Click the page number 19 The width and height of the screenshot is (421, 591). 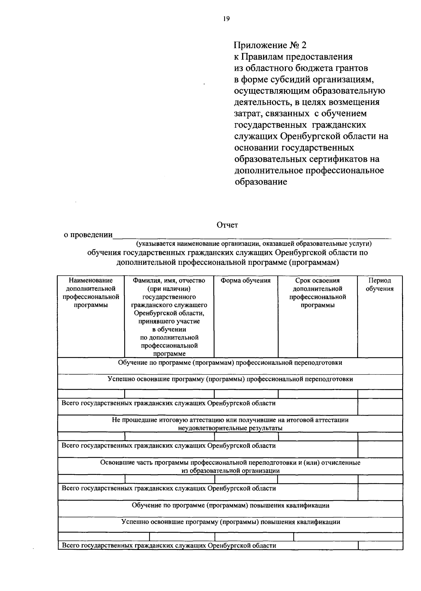pos(226,19)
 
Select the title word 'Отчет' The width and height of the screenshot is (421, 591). pos(227,225)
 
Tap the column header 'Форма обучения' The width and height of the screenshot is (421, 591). pos(246,281)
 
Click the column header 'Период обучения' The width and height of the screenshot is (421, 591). pos(380,284)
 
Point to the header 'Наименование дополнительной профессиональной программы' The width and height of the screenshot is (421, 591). pos(91,293)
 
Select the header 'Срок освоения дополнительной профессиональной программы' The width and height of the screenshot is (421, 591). pos(318,293)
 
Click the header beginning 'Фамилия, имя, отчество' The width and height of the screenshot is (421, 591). pos(169,281)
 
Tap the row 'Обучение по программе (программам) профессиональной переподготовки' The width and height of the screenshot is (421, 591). pos(230,363)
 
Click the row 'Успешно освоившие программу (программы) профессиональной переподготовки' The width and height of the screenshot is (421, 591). pos(230,379)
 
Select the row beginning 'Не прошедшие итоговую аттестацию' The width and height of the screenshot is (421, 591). pos(230,424)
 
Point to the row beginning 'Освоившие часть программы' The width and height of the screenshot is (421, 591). pos(230,466)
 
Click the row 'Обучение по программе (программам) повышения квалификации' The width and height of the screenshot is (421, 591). pos(230,505)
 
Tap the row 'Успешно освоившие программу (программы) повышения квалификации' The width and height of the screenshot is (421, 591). pos(230,522)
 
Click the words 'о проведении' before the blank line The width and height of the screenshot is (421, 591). pos(88,235)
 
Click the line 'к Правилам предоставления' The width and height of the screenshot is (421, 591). pos(293,56)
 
